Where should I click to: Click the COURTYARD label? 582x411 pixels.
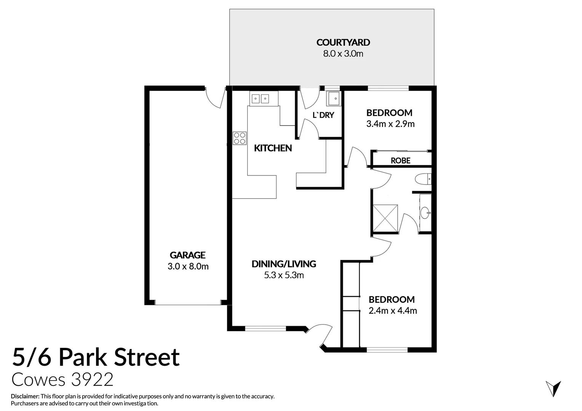pos(343,42)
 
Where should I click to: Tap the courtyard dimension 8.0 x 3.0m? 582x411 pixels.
pos(343,54)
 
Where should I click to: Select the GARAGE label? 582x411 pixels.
pos(187,255)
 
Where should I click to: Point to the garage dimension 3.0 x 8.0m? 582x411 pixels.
pos(188,266)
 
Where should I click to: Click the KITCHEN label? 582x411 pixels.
pos(273,148)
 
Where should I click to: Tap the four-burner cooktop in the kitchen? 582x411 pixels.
pos(240,138)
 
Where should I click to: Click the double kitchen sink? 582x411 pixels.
pos(260,99)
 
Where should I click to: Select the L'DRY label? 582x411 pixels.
pos(323,115)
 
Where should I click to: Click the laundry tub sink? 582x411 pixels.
pos(333,99)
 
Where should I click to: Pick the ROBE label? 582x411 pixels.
pos(400,161)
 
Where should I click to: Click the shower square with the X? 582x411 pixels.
pos(385,218)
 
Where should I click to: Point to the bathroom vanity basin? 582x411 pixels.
pos(425,212)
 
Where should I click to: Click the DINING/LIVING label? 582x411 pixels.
pos(284,263)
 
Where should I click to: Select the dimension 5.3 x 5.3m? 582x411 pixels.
pos(284,275)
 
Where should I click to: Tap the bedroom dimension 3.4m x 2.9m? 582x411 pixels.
pos(390,124)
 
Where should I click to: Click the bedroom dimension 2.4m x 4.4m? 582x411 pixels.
pos(392,311)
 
